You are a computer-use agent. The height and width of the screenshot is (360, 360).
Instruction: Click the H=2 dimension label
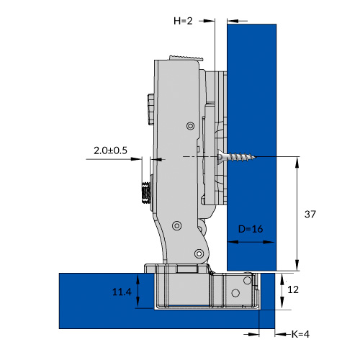[183, 21]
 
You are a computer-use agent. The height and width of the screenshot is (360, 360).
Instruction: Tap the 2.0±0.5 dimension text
[110, 150]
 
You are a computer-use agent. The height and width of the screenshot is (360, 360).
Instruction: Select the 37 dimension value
[310, 214]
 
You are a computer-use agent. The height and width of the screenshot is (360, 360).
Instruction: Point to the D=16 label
[251, 229]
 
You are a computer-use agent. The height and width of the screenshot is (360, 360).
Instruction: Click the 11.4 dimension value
[122, 292]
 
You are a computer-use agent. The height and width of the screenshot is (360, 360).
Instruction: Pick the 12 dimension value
[293, 289]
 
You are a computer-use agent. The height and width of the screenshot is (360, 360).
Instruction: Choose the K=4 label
[300, 334]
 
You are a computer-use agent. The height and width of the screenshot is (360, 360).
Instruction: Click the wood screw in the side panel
[236, 157]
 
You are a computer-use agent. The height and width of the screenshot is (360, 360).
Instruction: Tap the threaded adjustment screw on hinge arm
[146, 192]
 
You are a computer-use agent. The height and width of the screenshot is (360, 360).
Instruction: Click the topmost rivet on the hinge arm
[191, 125]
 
